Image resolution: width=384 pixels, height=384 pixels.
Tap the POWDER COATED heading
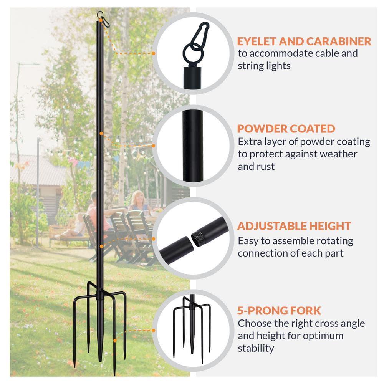[286, 128]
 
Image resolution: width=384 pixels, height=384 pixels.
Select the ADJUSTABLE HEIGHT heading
[294, 225]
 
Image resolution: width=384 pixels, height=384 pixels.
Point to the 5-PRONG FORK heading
[279, 310]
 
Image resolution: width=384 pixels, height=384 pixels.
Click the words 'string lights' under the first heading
[264, 65]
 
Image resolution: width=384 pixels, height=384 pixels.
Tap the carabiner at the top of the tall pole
[101, 18]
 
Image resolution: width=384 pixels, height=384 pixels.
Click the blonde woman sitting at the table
[138, 202]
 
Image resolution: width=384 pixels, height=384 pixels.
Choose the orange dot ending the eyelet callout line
[153, 53]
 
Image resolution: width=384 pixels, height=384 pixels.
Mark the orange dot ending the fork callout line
[153, 330]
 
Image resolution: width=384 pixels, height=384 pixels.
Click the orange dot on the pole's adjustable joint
[101, 246]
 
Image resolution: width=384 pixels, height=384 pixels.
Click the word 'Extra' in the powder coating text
[250, 141]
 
